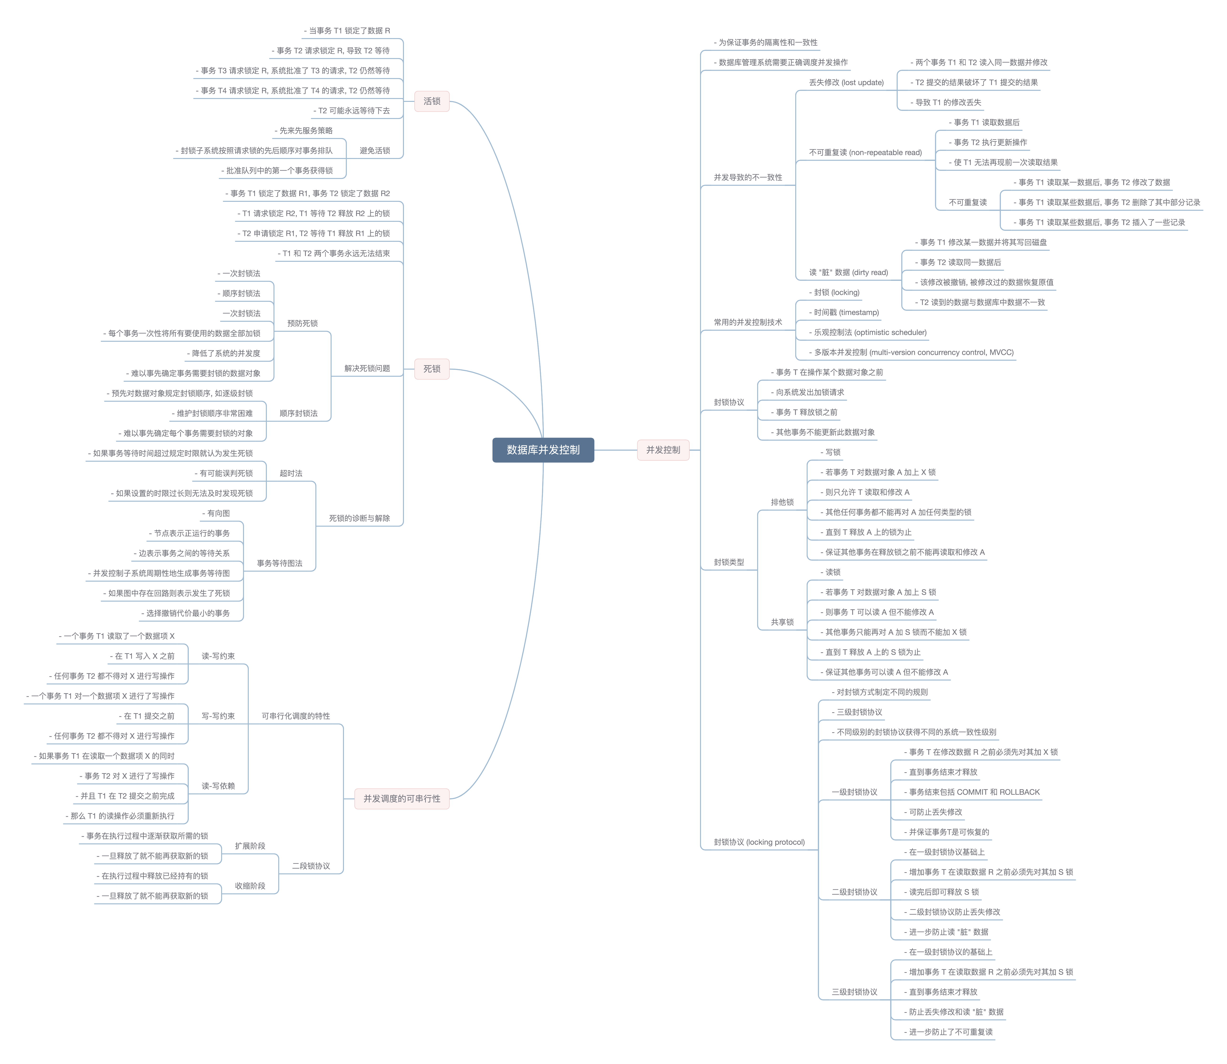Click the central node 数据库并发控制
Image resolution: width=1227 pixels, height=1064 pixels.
pos(543,450)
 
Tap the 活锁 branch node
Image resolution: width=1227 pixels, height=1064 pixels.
pos(432,102)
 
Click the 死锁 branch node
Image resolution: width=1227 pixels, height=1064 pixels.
pos(432,369)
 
